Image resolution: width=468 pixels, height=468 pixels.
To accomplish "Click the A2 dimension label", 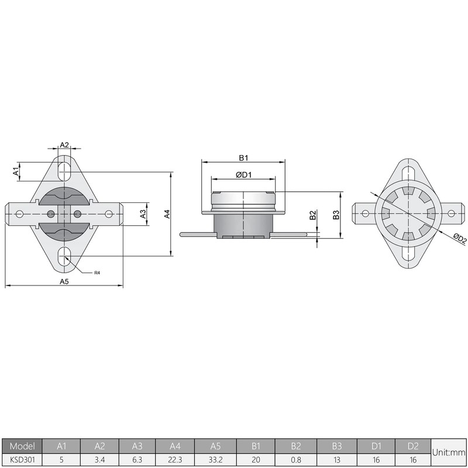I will tap(64, 144).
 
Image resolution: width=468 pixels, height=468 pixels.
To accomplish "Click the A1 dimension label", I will tap(16, 171).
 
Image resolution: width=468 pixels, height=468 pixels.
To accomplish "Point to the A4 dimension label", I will tap(167, 214).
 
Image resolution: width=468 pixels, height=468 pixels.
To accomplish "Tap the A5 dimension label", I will tap(64, 281).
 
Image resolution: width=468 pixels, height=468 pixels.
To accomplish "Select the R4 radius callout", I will tap(97, 273).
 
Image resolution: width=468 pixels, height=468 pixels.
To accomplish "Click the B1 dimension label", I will tap(243, 158).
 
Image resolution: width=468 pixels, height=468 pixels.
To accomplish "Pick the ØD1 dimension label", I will tap(243, 175).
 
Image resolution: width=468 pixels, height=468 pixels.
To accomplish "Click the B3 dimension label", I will tap(336, 215).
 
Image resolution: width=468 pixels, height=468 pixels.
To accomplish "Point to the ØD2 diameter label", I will tap(459, 238).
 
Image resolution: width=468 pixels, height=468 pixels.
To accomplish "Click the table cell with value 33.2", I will tap(216, 459).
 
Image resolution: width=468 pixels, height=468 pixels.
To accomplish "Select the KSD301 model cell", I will tap(22, 459).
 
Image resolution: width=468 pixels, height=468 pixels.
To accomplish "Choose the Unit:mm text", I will tap(449, 452).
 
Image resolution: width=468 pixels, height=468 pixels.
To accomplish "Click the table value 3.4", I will tap(99, 459).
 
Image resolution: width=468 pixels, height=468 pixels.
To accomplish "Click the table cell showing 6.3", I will tap(137, 459).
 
